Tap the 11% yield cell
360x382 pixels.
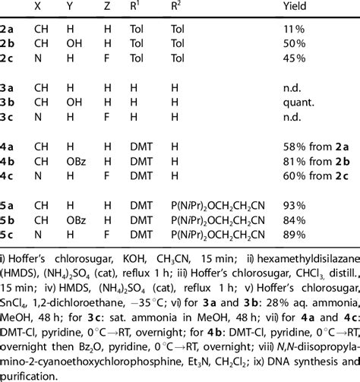290,30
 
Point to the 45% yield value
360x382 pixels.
291,58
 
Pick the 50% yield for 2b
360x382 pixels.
291,44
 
